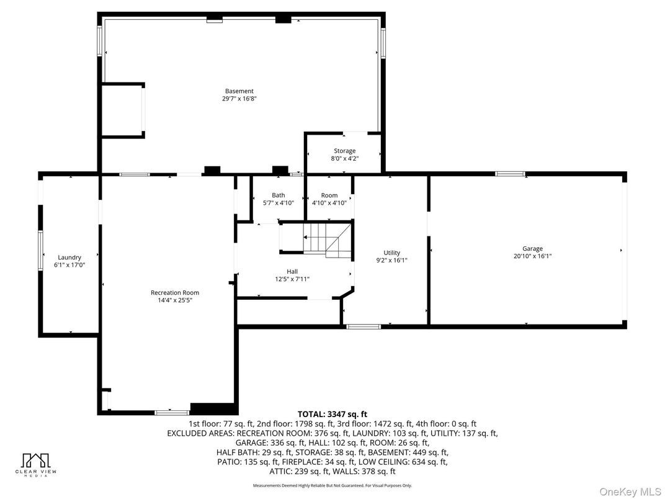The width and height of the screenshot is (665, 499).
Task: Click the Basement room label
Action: point(239,91)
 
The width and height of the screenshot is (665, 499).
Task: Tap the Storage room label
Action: point(344,151)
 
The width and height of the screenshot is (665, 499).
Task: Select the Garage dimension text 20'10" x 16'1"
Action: point(532,256)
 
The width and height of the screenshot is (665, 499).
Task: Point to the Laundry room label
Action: point(69,258)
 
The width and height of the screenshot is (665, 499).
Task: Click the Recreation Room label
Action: point(175,293)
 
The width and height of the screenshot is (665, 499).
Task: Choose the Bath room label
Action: point(279,196)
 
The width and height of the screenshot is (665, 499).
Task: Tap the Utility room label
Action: point(391,253)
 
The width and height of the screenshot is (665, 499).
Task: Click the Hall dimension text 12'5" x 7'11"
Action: point(292,279)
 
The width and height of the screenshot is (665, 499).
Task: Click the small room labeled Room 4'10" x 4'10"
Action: point(329,199)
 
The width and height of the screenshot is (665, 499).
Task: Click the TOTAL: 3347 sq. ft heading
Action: point(332,414)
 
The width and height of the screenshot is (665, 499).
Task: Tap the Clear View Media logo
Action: point(36,464)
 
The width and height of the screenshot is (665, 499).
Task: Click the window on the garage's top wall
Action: point(510,174)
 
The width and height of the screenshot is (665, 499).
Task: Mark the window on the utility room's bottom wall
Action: point(363,326)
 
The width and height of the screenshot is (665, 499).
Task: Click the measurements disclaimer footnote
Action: point(332,485)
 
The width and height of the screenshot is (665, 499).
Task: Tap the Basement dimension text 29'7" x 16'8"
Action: point(239,99)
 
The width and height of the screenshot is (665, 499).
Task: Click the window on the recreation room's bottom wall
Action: point(172,412)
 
